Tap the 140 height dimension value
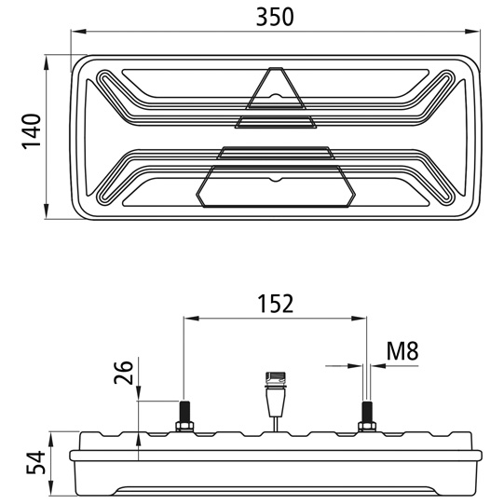(30, 132)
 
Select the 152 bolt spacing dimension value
(275, 304)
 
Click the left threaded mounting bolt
(184, 410)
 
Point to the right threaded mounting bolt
(366, 410)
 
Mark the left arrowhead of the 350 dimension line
(77, 34)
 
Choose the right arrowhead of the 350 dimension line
(475, 34)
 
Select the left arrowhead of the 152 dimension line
(189, 319)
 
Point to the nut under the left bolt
(184, 427)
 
